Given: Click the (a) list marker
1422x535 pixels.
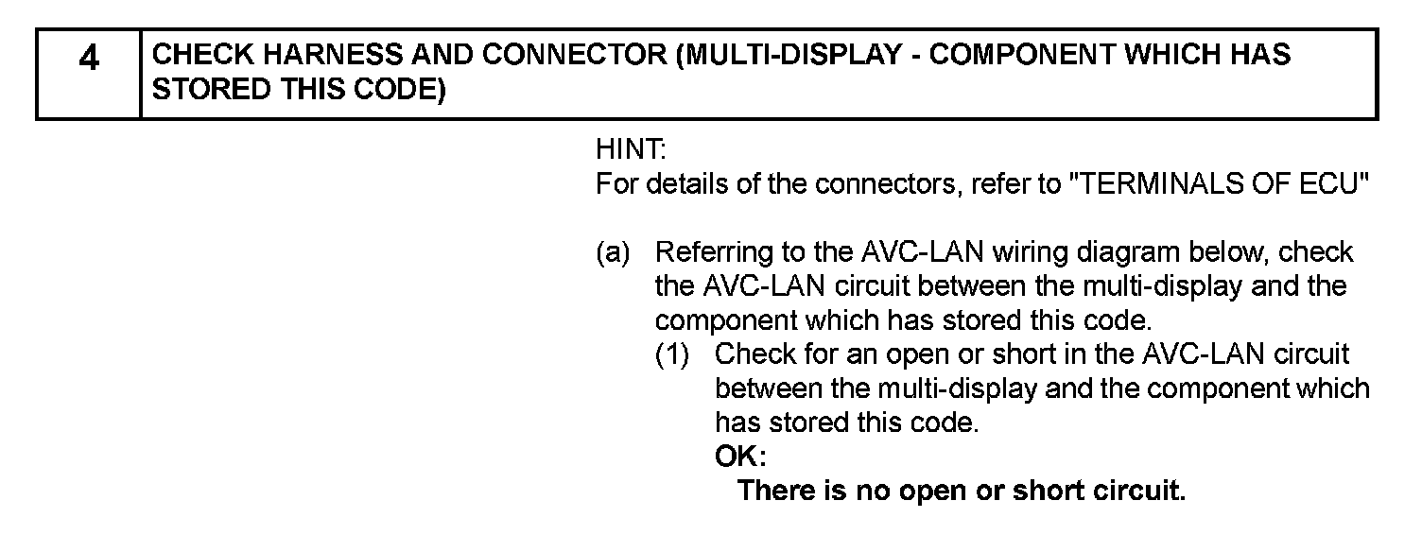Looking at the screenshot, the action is pos(614,252).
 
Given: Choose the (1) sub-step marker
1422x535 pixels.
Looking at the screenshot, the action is pos(673,354).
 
